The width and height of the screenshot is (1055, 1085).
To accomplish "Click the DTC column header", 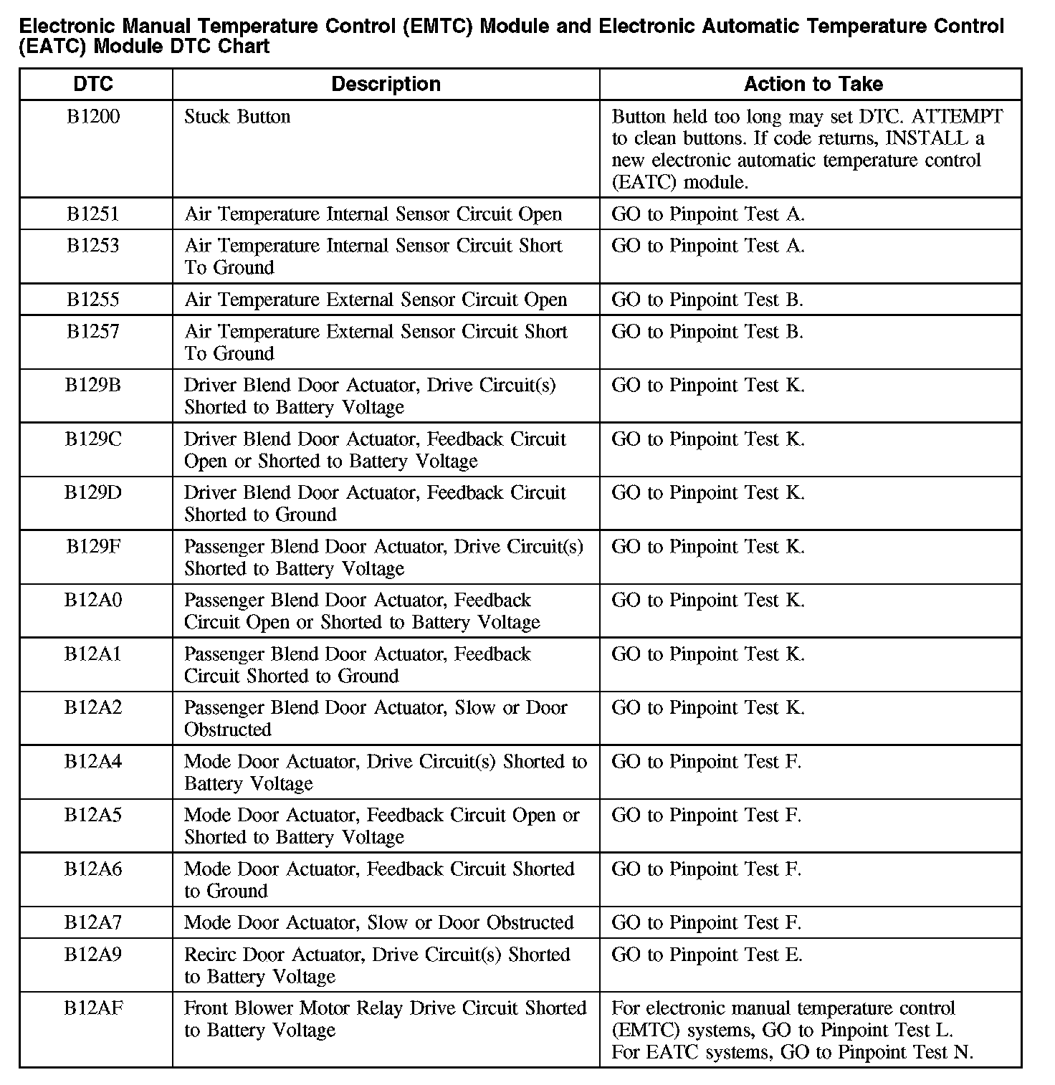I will coord(93,84).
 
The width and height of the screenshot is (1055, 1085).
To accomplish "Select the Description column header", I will coord(386,84).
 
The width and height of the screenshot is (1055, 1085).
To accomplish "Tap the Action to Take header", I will coord(813,84).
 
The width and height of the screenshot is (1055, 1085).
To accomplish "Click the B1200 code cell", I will coord(93,117).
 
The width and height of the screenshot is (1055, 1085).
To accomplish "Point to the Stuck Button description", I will coord(237,117).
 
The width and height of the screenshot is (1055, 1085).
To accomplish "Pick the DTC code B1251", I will coord(93,214).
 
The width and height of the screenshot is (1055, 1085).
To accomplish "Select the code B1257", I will coord(93,331).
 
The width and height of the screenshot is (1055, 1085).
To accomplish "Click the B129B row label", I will coord(93,385).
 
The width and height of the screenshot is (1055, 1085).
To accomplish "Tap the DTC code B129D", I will coord(93,492).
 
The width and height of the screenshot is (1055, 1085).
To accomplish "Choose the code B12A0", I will coord(93,600).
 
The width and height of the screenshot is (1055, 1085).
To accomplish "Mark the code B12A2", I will coord(93,707).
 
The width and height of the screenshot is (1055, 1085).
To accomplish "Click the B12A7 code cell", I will coord(93,922).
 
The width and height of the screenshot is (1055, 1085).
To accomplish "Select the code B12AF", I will coord(93,1008).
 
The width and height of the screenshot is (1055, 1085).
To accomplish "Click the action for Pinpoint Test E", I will coord(707,955).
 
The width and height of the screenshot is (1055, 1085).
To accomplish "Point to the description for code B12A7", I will coord(378,922).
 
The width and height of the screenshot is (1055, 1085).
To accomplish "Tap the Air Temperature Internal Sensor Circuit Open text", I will coord(373,214).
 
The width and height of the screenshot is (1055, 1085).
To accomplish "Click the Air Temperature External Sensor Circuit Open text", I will coord(376,300).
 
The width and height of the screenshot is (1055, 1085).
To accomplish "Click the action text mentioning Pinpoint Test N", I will coord(792,1052).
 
